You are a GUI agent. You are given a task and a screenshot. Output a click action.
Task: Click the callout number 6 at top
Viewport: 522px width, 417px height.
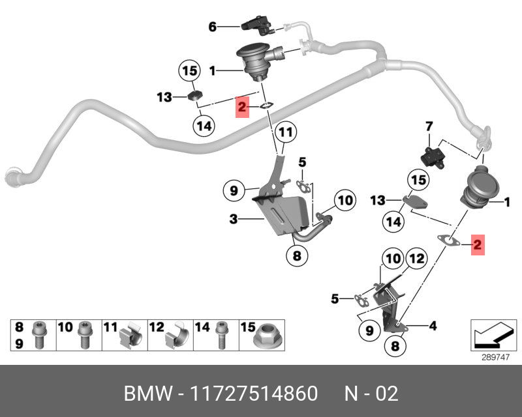(212, 27)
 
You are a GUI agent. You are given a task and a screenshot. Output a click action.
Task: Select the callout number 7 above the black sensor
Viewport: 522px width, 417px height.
(429, 125)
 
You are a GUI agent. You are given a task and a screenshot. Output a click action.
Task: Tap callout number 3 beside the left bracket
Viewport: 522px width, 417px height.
(234, 220)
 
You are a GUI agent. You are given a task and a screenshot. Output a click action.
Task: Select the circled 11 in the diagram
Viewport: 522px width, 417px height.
(284, 133)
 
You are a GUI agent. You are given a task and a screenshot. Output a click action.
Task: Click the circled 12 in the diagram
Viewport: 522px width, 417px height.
(416, 259)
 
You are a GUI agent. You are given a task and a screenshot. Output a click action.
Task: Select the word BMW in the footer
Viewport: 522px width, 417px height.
(148, 394)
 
